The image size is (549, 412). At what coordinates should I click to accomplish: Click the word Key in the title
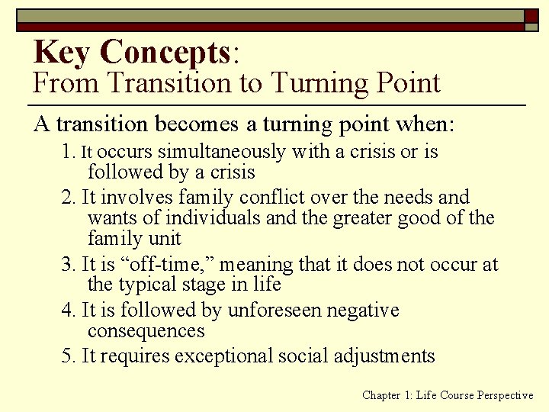(x=63, y=52)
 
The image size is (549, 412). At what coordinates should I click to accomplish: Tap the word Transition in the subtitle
(x=152, y=82)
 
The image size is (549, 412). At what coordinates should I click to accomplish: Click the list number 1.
(x=67, y=152)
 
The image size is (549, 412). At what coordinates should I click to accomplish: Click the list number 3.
(x=68, y=265)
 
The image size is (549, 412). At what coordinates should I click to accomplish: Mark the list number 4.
(x=68, y=311)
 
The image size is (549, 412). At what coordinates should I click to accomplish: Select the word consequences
(x=146, y=330)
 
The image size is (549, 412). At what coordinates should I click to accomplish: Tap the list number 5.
(x=68, y=356)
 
